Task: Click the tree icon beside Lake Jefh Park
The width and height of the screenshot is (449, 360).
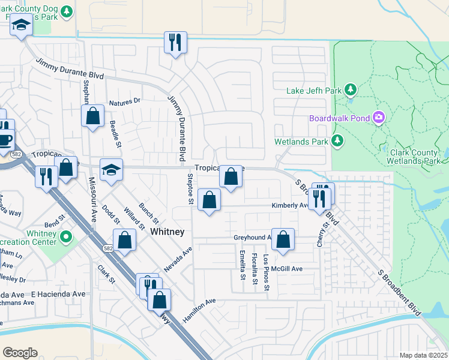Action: [351, 91]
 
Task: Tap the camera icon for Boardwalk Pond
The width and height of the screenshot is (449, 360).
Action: [379, 118]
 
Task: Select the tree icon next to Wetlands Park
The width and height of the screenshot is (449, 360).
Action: [338, 142]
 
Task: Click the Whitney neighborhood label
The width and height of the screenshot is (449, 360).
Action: [167, 231]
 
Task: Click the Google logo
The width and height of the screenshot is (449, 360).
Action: [20, 352]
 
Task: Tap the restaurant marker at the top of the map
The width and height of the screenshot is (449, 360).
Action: [175, 42]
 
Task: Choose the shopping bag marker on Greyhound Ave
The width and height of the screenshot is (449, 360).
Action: [283, 238]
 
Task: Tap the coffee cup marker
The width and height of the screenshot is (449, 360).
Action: [5, 140]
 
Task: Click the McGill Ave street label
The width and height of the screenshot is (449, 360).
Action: [286, 269]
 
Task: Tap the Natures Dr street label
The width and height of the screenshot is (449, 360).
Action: [124, 101]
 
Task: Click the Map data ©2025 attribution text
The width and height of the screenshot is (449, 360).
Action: [423, 355]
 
